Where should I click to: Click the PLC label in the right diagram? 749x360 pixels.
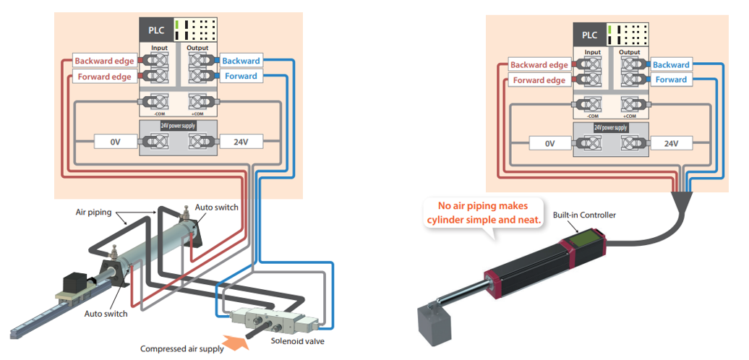(x=589, y=35)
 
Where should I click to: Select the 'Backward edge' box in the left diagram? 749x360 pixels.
(x=104, y=61)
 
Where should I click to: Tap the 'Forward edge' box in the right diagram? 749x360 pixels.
(x=539, y=80)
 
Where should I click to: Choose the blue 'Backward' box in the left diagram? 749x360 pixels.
(x=241, y=61)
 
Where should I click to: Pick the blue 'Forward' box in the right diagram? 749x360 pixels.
(x=670, y=80)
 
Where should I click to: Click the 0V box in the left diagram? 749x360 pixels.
(x=115, y=142)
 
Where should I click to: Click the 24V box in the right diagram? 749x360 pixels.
(x=670, y=143)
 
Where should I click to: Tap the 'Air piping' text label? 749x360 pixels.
(x=94, y=213)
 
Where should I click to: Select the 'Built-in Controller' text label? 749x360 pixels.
(x=584, y=216)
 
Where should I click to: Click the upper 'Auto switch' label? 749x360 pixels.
(x=218, y=207)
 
